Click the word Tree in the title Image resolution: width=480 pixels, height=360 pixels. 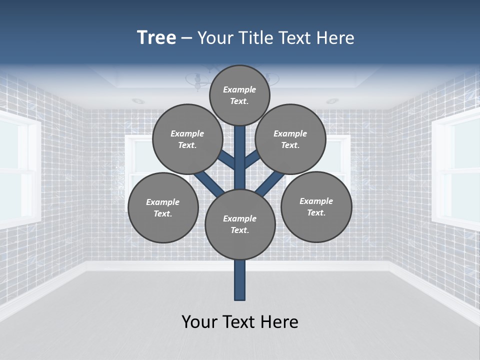pyautogui.click(x=156, y=38)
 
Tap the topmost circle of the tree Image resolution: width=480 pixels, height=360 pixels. pyautogui.click(x=239, y=95)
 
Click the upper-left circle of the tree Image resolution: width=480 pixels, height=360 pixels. pyautogui.click(x=187, y=139)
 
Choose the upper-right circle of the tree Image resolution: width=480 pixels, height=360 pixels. pyautogui.click(x=290, y=139)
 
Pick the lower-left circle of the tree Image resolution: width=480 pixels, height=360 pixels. pyautogui.click(x=163, y=207)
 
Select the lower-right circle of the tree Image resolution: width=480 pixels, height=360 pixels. pyautogui.click(x=316, y=206)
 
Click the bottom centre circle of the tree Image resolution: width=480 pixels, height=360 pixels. pyautogui.click(x=240, y=224)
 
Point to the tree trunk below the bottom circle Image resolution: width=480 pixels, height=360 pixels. pyautogui.click(x=240, y=280)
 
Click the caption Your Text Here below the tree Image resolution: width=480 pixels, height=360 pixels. pyautogui.click(x=240, y=322)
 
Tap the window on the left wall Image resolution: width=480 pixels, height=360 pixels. pyautogui.click(x=18, y=170)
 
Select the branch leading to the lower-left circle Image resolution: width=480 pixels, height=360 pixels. pyautogui.click(x=208, y=183)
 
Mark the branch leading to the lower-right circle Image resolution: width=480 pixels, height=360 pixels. pyautogui.click(x=270, y=183)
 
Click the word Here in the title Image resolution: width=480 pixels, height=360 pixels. pyautogui.click(x=335, y=38)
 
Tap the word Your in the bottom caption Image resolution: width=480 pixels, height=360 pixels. pyautogui.click(x=199, y=322)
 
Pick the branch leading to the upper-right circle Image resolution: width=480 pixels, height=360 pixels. pyautogui.click(x=252, y=158)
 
